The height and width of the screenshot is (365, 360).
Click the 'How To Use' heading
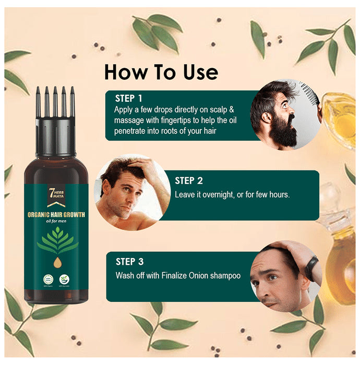pos(161,71)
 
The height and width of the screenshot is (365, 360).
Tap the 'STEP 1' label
pos(128,98)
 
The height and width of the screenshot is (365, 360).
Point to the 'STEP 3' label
pos(130,262)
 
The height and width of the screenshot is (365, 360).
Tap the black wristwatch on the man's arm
pos(311,268)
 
